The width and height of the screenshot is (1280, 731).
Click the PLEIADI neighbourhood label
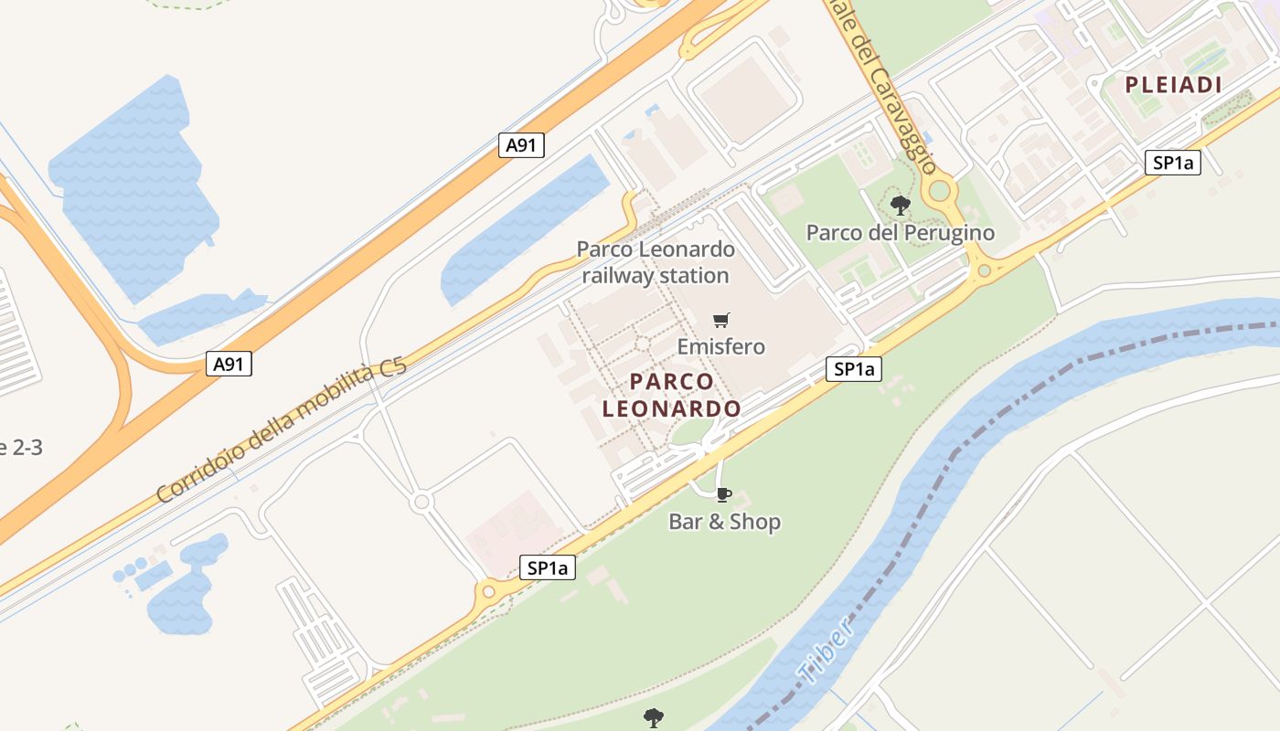pos(1173,85)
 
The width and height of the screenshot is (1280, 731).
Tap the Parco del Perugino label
pos(900,233)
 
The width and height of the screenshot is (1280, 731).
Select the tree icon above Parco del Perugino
pos(901,205)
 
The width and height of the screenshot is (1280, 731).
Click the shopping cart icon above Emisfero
pos(721,320)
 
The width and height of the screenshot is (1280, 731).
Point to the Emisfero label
pos(720,347)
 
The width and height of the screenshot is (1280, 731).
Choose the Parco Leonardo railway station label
pos(656,262)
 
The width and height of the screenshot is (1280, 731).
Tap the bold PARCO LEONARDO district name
pos(671,395)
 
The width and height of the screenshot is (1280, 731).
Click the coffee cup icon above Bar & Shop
pos(723,495)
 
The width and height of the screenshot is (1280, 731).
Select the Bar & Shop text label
pos(724,523)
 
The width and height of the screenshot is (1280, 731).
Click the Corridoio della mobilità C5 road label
pos(281,431)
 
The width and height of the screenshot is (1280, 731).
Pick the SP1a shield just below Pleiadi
pos(1172,164)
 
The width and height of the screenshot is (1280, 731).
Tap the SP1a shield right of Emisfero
pos(854,369)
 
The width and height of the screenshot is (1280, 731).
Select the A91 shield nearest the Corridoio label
pos(228,364)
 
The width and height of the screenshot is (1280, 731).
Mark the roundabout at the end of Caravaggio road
pos(938,191)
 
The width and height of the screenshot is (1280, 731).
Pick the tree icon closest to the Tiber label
pos(653,717)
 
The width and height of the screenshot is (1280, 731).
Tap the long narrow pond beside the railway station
pos(526,231)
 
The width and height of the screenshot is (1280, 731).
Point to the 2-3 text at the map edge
pos(20,448)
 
